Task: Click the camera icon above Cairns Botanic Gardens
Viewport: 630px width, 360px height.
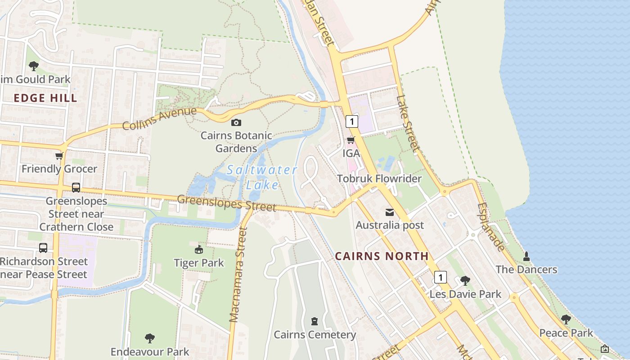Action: tap(236, 122)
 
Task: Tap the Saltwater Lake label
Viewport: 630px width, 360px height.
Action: tap(262, 177)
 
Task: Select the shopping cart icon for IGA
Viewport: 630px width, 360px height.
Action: tap(351, 140)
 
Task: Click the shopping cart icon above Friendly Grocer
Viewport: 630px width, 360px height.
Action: tap(59, 156)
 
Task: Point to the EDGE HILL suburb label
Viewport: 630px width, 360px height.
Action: tap(45, 98)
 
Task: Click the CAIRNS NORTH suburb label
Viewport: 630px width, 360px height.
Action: tap(382, 256)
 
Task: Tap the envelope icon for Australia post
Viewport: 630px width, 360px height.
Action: tap(389, 212)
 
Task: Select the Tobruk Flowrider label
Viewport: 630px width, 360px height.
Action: tap(379, 179)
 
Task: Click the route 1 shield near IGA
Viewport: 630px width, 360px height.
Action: tap(351, 121)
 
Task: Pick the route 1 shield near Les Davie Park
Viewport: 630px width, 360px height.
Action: tap(440, 277)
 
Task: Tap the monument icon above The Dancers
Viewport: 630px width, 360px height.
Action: tap(526, 256)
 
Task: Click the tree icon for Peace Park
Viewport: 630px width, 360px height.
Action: tap(566, 319)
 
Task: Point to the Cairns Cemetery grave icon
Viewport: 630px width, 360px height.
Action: tap(314, 321)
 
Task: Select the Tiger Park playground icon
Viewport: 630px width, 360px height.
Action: tap(198, 249)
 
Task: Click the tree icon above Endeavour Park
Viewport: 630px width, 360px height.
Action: tap(150, 338)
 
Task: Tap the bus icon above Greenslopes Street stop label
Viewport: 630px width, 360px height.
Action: tap(76, 188)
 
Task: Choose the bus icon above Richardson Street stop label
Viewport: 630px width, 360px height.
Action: tap(43, 248)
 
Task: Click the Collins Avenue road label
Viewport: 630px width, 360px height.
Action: tap(159, 118)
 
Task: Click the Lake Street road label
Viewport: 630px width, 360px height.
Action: tap(408, 123)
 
